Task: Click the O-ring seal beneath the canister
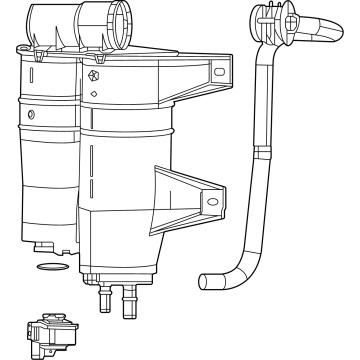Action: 48,267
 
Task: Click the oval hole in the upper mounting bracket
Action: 219,72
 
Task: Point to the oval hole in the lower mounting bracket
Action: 212,200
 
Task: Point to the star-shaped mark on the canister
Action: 93,76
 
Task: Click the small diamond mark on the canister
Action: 93,95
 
